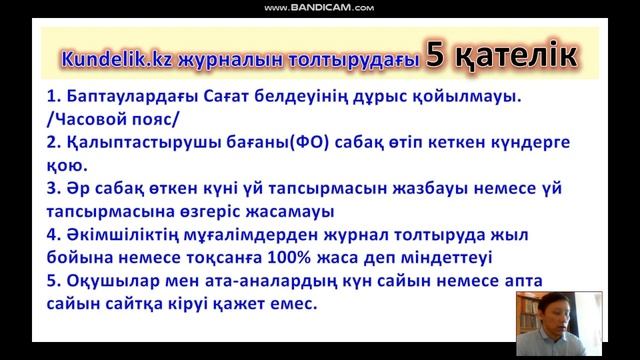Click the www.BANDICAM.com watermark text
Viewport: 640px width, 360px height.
320,9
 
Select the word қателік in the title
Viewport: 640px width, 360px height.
511,57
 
